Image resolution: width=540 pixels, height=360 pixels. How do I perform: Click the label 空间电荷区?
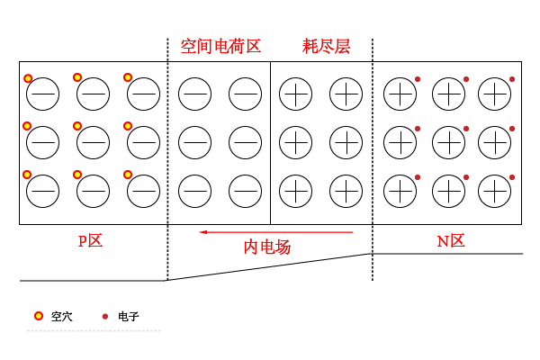220,46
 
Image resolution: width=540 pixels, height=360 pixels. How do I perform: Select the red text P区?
90,240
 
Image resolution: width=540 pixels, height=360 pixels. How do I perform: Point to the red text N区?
450,240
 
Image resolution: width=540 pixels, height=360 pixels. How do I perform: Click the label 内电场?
267,246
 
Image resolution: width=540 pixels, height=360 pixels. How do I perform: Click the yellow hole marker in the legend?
38,316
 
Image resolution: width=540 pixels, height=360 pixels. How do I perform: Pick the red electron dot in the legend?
105,316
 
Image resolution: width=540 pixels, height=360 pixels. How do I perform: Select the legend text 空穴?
61,317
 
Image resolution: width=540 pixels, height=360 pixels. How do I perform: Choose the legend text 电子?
129,317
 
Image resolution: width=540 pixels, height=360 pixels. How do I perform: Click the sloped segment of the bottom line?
270,267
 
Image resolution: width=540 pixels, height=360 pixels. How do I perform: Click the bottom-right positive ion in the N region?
494,190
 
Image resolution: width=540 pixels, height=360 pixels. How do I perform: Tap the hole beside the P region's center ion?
78,126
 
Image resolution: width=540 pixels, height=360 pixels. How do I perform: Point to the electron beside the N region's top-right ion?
512,80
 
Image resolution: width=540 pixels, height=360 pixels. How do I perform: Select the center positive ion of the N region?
447,141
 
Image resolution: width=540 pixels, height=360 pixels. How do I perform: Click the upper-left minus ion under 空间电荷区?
193,93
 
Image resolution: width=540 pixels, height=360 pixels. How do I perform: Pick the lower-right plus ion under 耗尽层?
345,190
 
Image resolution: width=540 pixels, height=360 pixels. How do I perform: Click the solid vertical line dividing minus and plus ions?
270,142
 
